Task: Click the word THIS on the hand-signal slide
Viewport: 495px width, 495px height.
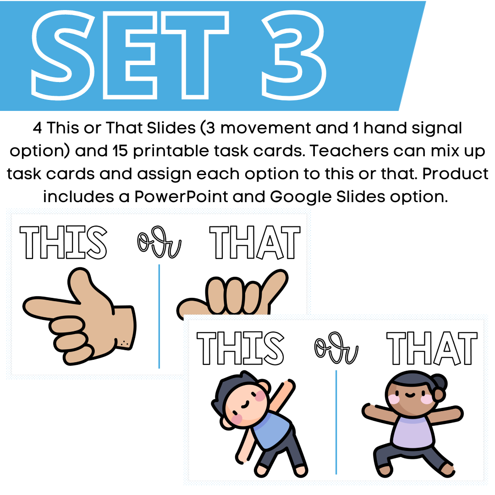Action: (63, 243)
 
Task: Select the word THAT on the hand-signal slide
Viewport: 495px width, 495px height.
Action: (255, 243)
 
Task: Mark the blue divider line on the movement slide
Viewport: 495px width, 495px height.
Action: (336, 422)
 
